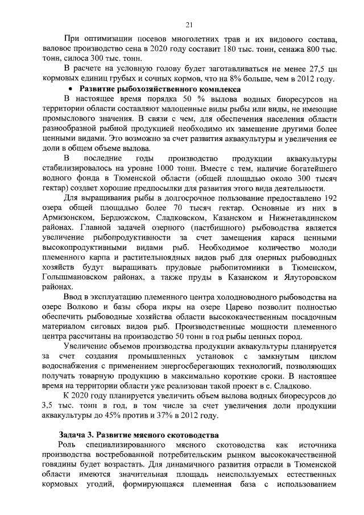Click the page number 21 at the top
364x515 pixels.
(x=189, y=24)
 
